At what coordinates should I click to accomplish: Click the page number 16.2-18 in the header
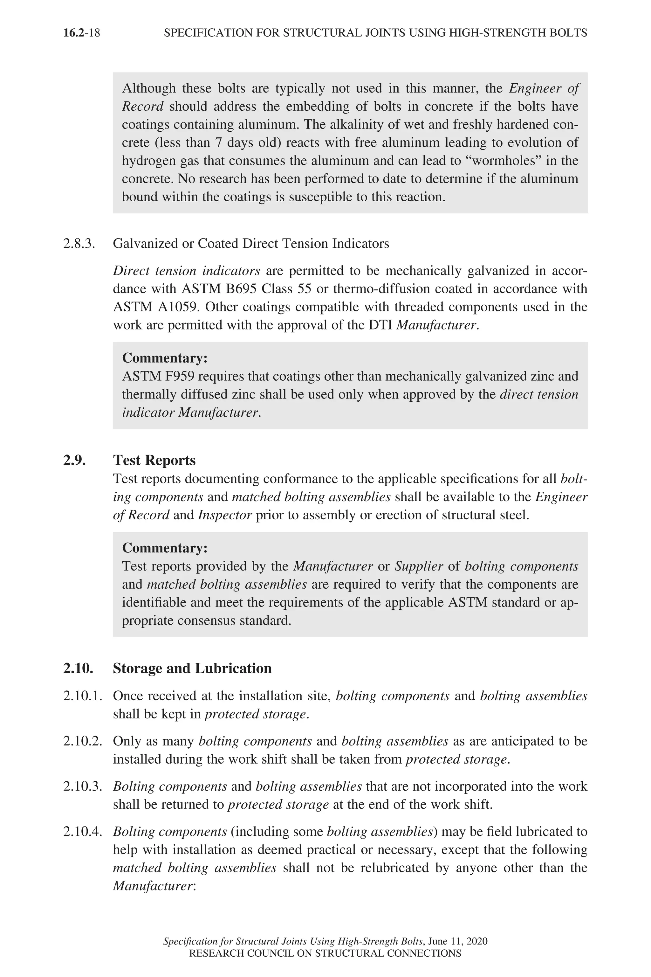click(81, 33)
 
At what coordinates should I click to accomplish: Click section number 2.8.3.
click(79, 243)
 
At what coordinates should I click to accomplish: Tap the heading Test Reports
click(154, 460)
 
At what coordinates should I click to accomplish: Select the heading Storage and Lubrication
click(192, 669)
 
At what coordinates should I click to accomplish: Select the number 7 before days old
click(219, 142)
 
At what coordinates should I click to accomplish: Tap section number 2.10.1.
click(83, 696)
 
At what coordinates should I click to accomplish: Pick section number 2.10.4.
click(83, 832)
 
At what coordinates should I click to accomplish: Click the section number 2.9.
click(74, 460)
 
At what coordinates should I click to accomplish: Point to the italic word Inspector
click(225, 515)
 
